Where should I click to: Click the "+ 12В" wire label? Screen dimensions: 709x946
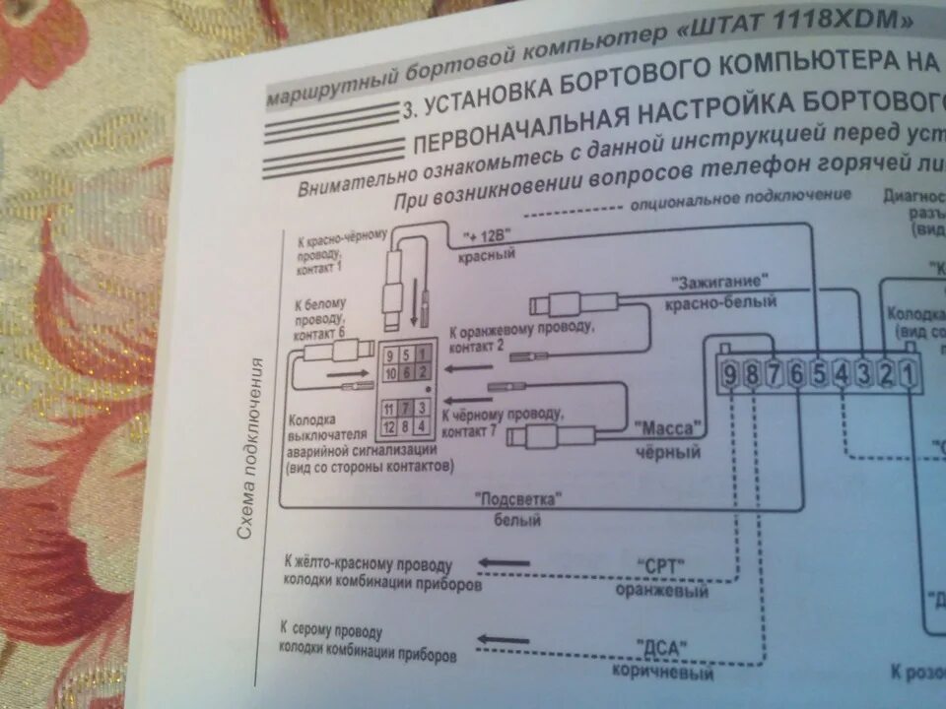click(x=490, y=238)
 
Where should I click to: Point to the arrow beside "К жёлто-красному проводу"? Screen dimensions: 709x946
click(x=504, y=564)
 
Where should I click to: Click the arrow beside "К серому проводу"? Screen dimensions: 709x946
click(x=504, y=641)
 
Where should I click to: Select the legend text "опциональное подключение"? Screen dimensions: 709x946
click(x=739, y=200)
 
